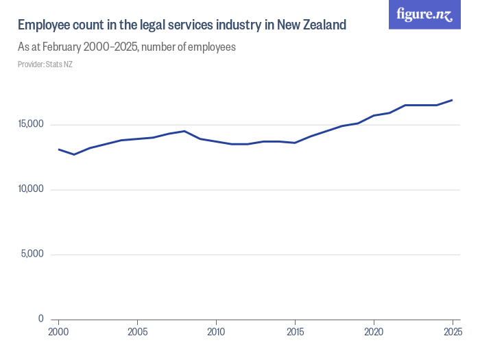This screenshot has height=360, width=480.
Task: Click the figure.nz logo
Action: tap(424, 14)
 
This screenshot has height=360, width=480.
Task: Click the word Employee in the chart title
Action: tap(43, 25)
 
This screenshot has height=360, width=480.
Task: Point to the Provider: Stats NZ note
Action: tap(45, 64)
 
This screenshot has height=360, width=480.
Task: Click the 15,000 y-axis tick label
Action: tap(31, 124)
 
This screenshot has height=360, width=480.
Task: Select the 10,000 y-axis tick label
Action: tap(31, 189)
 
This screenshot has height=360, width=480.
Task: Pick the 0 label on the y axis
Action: tap(41, 319)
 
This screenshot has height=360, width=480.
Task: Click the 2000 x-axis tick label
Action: tap(58, 333)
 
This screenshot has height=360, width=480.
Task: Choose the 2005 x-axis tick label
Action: tap(137, 333)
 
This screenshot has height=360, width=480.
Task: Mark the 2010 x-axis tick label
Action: tap(216, 333)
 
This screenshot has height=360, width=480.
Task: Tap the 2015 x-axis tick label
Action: tap(295, 333)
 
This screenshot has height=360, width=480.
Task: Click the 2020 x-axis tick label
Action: tap(374, 333)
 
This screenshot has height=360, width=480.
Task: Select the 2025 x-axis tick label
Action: tap(452, 333)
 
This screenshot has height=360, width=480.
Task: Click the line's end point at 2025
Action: tap(452, 100)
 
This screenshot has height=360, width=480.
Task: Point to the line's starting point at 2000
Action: tap(59, 149)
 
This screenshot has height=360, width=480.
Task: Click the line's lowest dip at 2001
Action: tap(74, 154)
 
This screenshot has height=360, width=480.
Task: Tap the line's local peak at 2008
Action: tap(184, 131)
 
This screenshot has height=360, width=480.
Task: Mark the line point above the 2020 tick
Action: tap(374, 115)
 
